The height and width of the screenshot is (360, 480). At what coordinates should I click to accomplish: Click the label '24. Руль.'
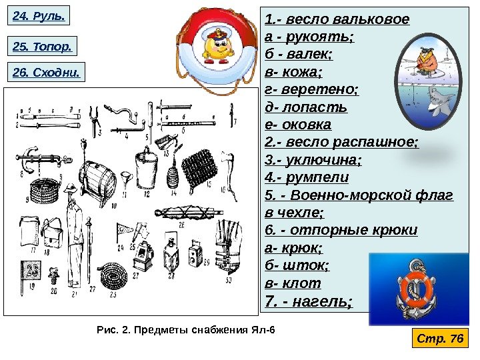[x=39, y=15]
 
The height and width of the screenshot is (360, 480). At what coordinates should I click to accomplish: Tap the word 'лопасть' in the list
[x=314, y=106]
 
